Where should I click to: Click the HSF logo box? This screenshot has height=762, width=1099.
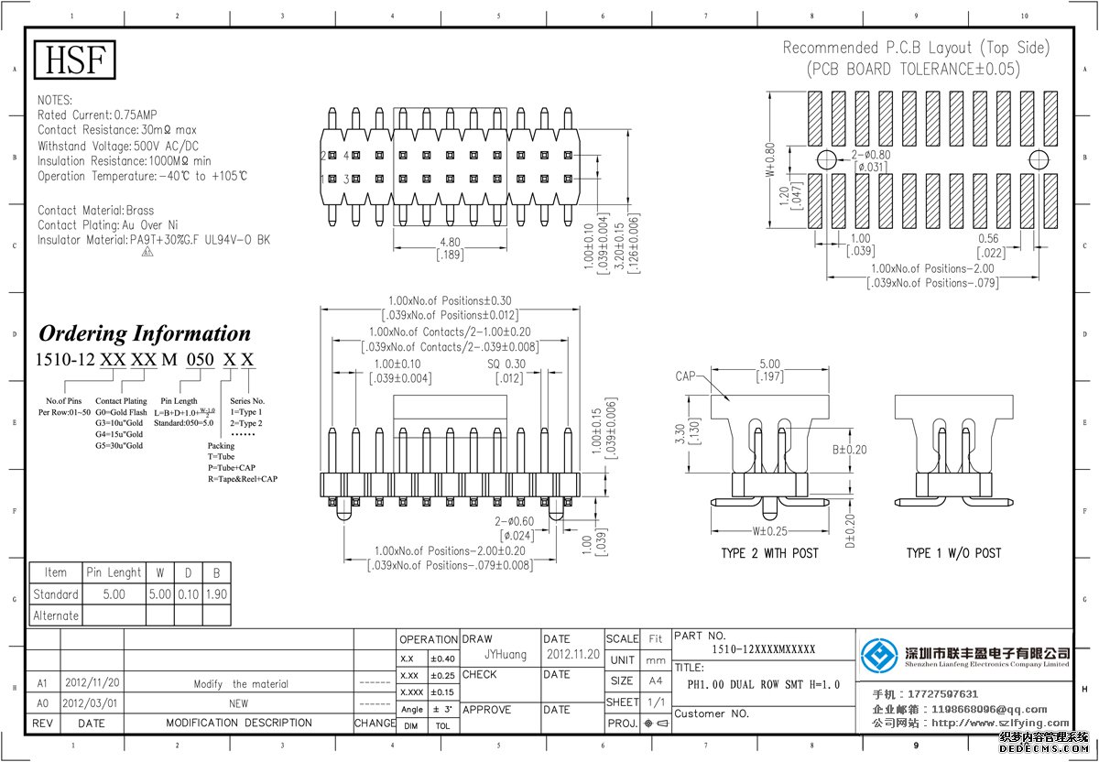(x=76, y=60)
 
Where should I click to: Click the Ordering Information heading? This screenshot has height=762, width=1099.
(x=145, y=332)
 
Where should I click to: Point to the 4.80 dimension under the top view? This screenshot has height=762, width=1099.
(x=450, y=243)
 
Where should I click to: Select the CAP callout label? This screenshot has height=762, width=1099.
(x=686, y=376)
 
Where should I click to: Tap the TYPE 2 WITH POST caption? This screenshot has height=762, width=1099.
(x=769, y=553)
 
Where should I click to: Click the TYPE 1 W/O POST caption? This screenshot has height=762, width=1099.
(x=953, y=553)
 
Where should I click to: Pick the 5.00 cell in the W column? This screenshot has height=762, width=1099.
(x=160, y=594)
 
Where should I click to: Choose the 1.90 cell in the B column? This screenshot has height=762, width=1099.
(x=216, y=594)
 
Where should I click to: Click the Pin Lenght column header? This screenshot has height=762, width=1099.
(x=114, y=572)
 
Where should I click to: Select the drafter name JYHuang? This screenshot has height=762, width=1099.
(x=505, y=655)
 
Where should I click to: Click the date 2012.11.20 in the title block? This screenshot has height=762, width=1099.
(x=572, y=655)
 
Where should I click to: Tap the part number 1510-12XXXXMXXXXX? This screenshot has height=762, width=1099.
(x=763, y=649)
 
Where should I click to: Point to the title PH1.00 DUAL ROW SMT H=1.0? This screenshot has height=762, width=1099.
(x=763, y=684)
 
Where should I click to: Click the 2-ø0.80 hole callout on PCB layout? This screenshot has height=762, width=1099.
(x=871, y=155)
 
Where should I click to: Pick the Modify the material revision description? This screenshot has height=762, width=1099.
(x=241, y=684)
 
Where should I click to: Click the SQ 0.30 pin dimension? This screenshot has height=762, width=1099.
(x=506, y=364)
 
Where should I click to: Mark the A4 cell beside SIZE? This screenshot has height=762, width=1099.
(x=655, y=681)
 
